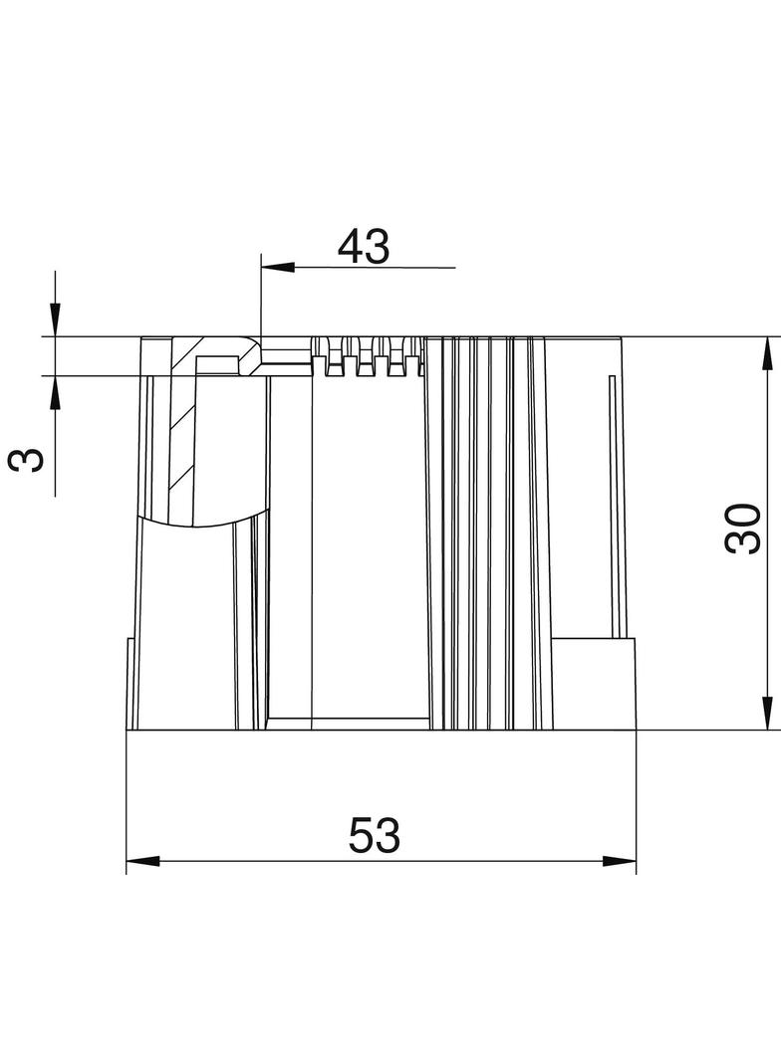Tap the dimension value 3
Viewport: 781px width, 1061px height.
(x=27, y=460)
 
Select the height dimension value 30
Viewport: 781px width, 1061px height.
(x=742, y=529)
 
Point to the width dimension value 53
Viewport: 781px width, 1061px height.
(x=374, y=835)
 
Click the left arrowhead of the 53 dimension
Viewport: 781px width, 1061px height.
(x=142, y=861)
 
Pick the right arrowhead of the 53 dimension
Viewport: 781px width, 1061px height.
(x=620, y=861)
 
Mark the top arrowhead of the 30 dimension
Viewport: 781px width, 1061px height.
(x=767, y=353)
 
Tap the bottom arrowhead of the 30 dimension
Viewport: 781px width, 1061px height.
(x=767, y=714)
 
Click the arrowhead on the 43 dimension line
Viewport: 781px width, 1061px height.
(x=278, y=268)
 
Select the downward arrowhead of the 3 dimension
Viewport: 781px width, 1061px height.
(x=56, y=320)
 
